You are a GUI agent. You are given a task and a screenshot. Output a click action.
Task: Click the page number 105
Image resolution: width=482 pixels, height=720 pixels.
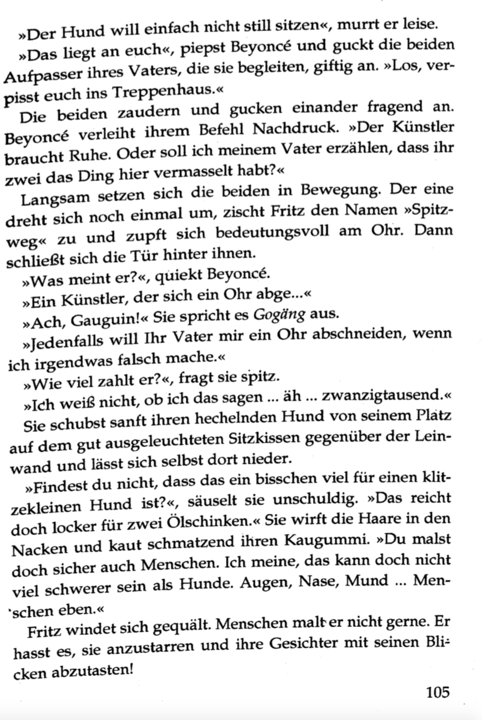(437, 691)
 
